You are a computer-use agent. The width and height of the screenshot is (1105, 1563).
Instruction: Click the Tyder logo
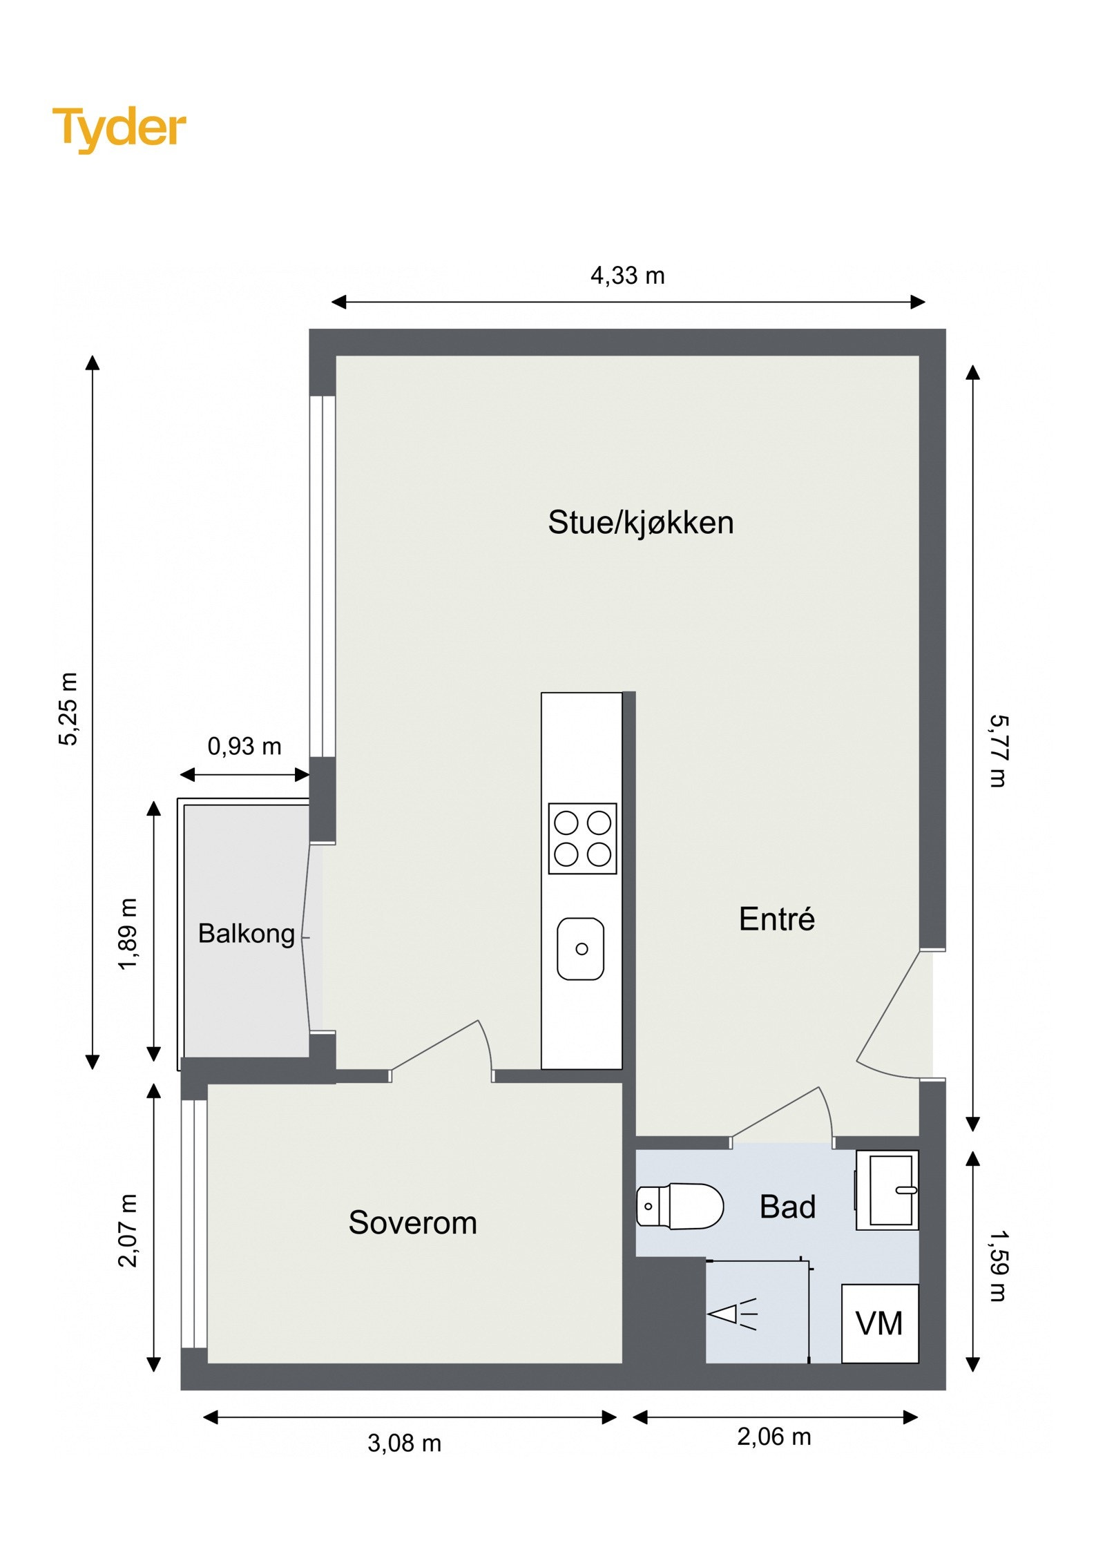[x=119, y=128]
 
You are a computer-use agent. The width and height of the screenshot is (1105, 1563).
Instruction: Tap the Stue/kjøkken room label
[x=640, y=523]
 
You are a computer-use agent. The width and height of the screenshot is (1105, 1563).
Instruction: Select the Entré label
[x=776, y=919]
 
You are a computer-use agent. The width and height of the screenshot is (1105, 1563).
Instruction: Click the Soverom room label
[x=412, y=1222]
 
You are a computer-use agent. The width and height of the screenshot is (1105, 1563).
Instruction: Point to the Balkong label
[x=247, y=934]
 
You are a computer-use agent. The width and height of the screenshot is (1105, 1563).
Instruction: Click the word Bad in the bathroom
[x=787, y=1207]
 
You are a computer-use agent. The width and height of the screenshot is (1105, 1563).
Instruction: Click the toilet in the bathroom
[x=680, y=1206]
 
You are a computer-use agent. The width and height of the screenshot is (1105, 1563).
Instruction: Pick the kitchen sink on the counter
[x=581, y=948]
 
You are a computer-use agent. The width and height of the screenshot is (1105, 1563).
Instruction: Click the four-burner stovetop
[x=582, y=838]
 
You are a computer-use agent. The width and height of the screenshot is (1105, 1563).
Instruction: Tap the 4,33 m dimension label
[x=627, y=276]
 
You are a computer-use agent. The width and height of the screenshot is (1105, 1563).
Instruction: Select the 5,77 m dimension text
[x=999, y=751]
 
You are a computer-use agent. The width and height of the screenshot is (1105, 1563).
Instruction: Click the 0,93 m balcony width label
[x=244, y=747]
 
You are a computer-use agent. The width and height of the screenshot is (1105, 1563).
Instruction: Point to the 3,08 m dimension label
[x=404, y=1444]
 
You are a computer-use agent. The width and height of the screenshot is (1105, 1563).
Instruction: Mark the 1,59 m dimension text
[x=999, y=1265]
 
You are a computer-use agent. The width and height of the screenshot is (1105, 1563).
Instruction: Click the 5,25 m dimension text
[x=68, y=709]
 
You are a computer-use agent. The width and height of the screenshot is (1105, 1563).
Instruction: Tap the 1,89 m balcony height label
[x=128, y=934]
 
